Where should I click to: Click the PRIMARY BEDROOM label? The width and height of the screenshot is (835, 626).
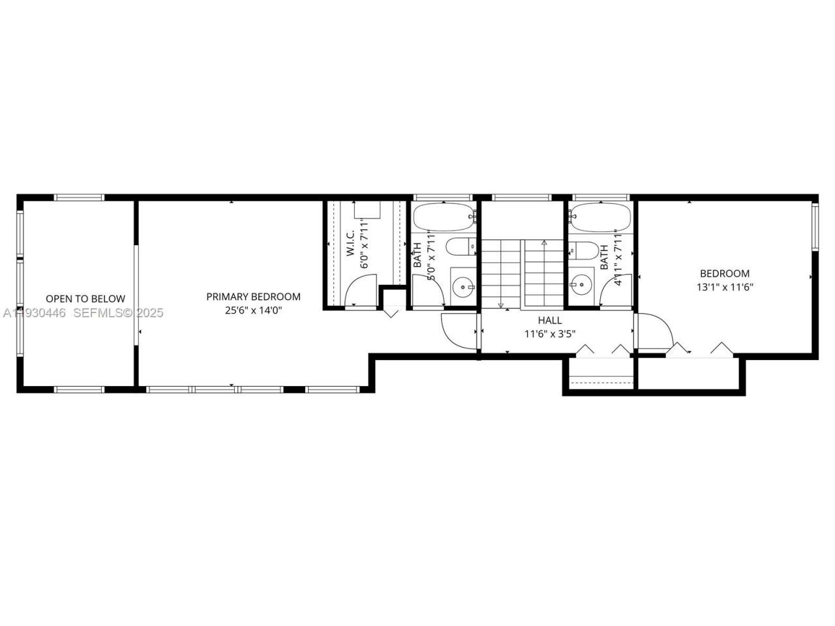pos(253,297)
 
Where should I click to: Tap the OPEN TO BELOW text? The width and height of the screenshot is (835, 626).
pos(85,299)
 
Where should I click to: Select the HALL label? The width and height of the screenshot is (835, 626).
pos(549,320)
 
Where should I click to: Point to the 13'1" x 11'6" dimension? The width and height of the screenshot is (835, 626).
pos(724,287)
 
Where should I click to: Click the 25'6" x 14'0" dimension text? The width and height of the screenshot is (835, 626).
pos(253,310)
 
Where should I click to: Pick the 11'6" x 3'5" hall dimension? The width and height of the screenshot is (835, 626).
pos(549,334)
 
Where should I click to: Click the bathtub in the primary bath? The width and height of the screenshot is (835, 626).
pos(443,217)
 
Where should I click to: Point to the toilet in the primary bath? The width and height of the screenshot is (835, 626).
pos(461,248)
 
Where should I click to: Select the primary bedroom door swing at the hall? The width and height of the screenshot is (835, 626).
pos(459,331)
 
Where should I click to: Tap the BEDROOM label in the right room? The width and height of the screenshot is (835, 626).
pos(724,273)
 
